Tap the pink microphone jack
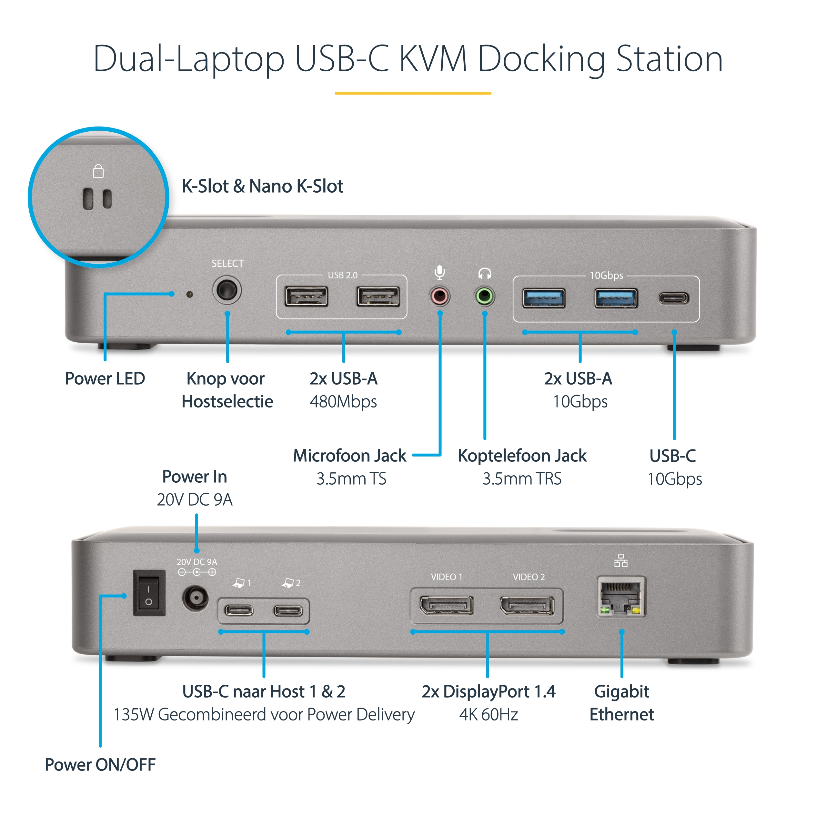click(x=439, y=296)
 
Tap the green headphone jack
click(x=484, y=296)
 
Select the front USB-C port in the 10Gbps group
click(x=673, y=298)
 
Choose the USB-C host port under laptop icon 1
click(x=239, y=610)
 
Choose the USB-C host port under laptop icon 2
click(x=288, y=610)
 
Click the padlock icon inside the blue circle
click(x=98, y=171)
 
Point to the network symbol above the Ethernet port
click(x=621, y=560)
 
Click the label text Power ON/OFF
click(x=100, y=765)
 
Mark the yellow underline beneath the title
click(x=413, y=93)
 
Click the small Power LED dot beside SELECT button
click(x=190, y=294)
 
